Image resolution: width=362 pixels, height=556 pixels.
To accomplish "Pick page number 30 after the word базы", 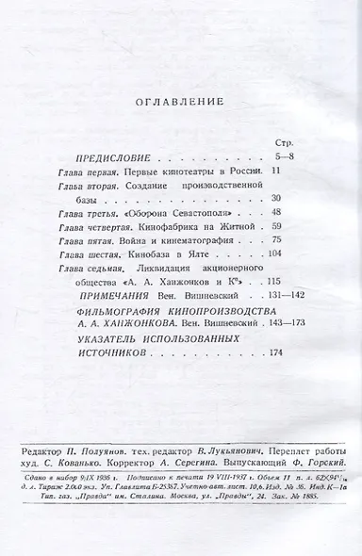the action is (278, 200).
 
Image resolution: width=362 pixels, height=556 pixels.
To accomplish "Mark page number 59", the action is (278, 228).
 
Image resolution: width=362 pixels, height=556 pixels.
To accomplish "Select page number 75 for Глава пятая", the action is (278, 242).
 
